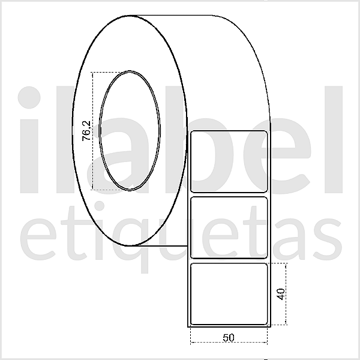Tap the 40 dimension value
click(x=280, y=294)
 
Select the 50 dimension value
click(x=228, y=337)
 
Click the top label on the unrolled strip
click(x=229, y=161)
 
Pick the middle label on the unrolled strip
click(x=229, y=227)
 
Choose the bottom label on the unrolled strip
click(x=229, y=293)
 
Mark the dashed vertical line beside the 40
click(x=287, y=294)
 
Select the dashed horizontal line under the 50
click(x=228, y=344)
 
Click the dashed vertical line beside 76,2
click(x=93, y=131)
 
